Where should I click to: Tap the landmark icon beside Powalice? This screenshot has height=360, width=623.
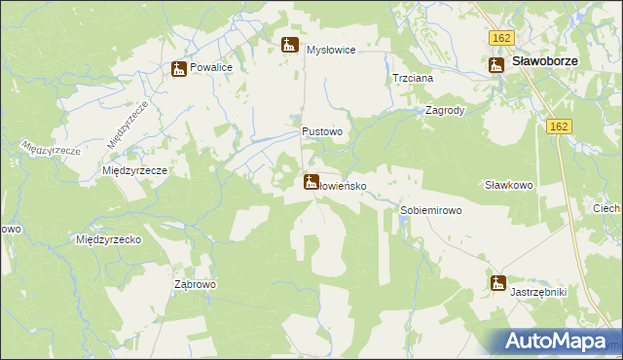coord(178,69)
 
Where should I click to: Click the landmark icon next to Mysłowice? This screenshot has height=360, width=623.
coord(289,45)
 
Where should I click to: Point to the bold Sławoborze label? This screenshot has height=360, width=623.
coord(545,61)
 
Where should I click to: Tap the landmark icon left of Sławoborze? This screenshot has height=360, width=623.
coord(495,64)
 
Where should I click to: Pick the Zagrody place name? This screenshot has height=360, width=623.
coord(445,110)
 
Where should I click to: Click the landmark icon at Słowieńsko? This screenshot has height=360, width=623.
coord(311,181)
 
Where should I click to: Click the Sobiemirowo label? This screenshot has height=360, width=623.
coord(430,210)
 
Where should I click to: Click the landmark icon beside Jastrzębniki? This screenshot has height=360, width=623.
coord(498,284)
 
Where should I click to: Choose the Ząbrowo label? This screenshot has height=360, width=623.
coord(195,284)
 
